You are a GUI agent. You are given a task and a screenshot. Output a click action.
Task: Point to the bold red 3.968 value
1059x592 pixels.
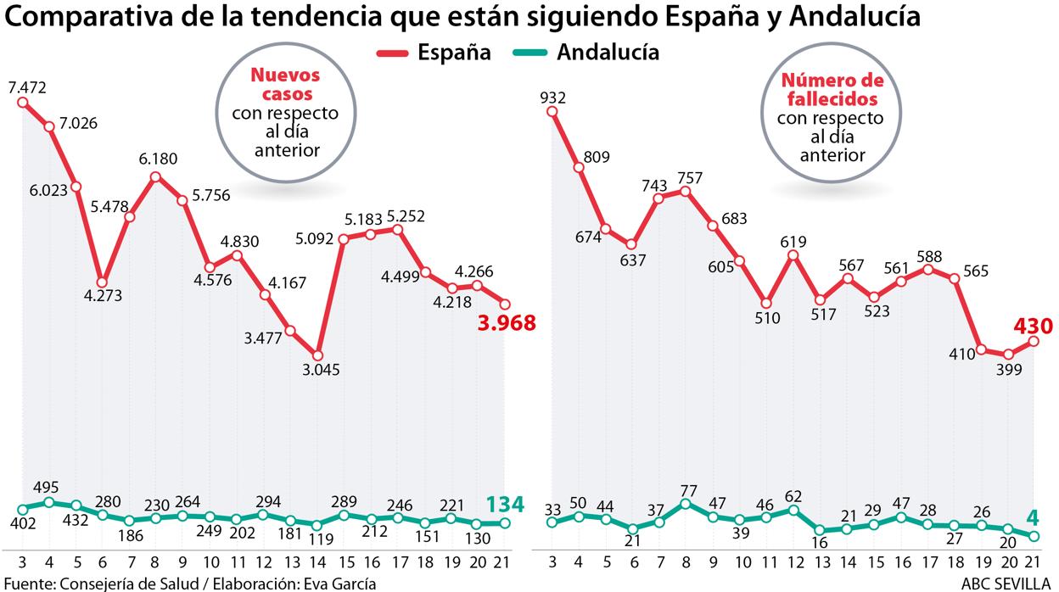507,323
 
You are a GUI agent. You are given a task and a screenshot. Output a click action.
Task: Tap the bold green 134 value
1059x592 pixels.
504,505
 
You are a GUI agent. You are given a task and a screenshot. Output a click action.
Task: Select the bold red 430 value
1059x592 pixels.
1033,326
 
